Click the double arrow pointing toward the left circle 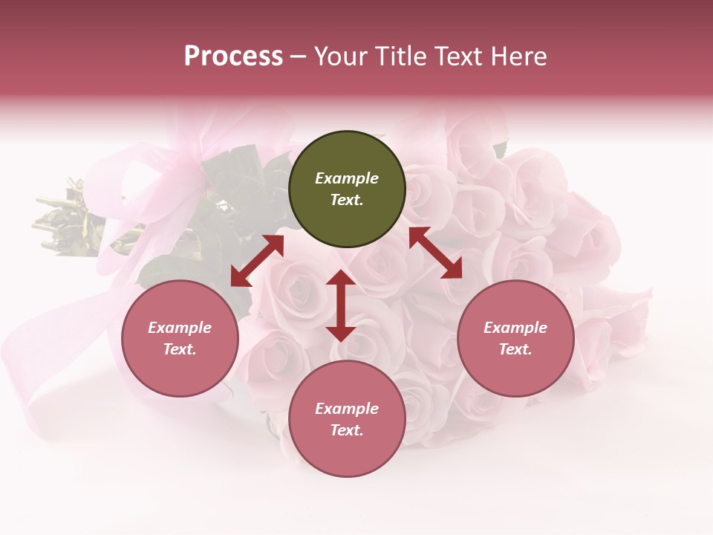(257, 261)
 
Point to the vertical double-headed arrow (340, 305)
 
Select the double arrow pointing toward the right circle (435, 253)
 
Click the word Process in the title (233, 56)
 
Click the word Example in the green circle (347, 178)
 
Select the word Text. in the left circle (180, 349)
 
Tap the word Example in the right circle (515, 328)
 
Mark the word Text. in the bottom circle (347, 430)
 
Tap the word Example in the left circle (180, 328)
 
